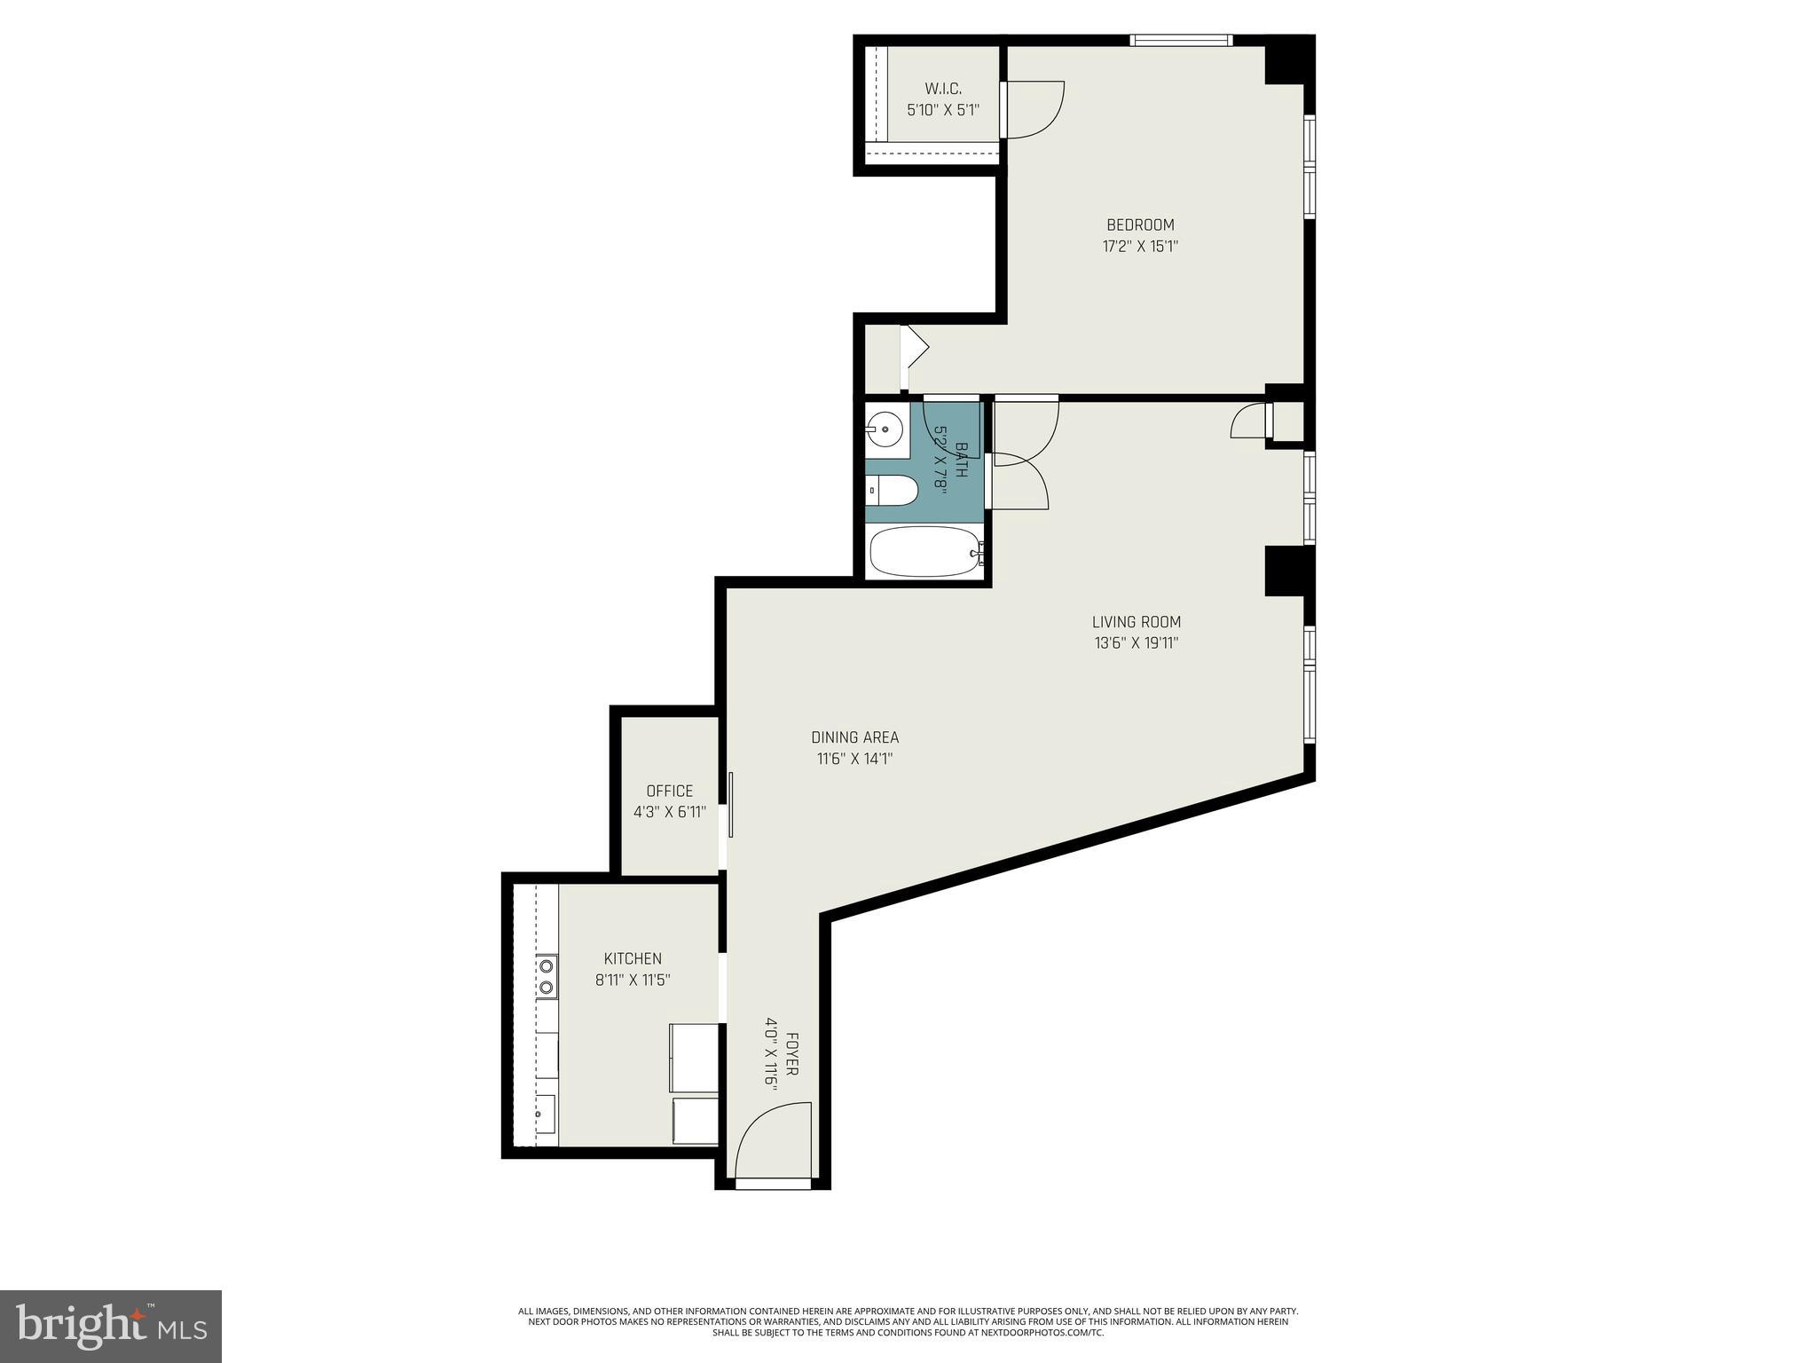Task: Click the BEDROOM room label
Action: click(x=1140, y=225)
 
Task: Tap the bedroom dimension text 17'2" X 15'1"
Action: click(x=1140, y=247)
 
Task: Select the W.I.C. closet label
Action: click(x=943, y=89)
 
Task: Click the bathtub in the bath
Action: click(x=924, y=552)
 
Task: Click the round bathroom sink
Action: click(x=885, y=430)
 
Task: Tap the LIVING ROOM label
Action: click(x=1136, y=622)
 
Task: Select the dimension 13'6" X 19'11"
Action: click(x=1136, y=643)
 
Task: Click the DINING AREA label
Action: click(x=854, y=737)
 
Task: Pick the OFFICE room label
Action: click(x=669, y=791)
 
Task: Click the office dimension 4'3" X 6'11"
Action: click(x=669, y=812)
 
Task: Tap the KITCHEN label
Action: click(x=633, y=958)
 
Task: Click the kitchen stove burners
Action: click(x=547, y=976)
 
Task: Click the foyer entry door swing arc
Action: click(x=770, y=1140)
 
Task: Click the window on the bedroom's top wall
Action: click(x=1180, y=40)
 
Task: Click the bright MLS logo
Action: click(x=111, y=1326)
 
